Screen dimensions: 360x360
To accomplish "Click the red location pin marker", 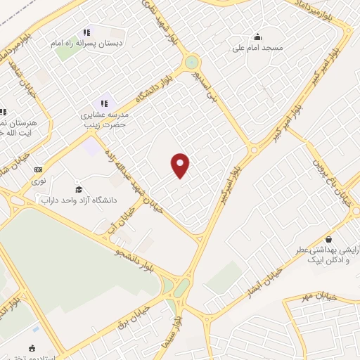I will coord(181,165).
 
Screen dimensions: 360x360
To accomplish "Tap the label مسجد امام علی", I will coord(257,49).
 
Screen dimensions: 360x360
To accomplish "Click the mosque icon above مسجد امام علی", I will coord(257,37).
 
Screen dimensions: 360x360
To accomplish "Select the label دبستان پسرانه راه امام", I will coord(90,43).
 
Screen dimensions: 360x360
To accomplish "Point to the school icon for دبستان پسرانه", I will coord(86,32).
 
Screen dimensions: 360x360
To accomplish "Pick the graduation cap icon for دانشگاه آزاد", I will coord(79,189).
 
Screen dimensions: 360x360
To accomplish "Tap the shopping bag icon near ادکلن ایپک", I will coord(328,239).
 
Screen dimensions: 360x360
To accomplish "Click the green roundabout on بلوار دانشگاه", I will coord(192,63).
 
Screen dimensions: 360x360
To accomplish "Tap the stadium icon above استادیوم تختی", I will coord(32,347).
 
